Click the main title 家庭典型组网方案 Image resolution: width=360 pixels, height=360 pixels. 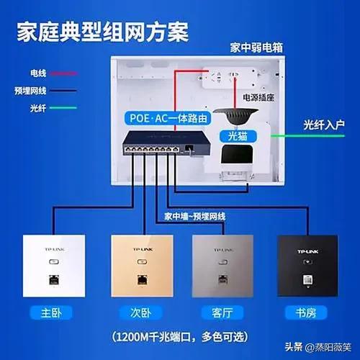(103, 32)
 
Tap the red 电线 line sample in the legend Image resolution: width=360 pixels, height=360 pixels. (63, 73)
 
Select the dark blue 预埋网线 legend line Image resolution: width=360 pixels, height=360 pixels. (63, 91)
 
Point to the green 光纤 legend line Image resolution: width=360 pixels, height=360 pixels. (63, 108)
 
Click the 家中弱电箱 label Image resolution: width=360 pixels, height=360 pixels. (256, 48)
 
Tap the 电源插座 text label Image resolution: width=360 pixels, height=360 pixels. (258, 97)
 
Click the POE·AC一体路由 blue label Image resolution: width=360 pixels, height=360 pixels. (168, 118)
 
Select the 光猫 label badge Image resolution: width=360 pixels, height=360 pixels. (238, 136)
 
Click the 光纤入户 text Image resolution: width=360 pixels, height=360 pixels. (324, 125)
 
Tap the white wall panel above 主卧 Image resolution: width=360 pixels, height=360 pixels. (54, 266)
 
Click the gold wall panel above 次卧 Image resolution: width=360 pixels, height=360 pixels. (142, 266)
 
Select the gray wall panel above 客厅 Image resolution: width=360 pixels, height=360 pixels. (222, 266)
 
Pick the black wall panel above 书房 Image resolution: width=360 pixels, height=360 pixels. (307, 266)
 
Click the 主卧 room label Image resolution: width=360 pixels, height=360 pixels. (51, 313)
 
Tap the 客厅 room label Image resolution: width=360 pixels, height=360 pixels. (222, 313)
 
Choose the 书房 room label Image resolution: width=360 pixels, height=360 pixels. (306, 313)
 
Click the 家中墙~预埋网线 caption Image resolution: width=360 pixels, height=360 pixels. (195, 217)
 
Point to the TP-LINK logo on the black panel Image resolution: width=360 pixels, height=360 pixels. (308, 251)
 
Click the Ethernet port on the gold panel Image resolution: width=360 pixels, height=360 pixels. (143, 280)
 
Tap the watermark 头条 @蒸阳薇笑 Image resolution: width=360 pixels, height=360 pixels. (318, 347)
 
